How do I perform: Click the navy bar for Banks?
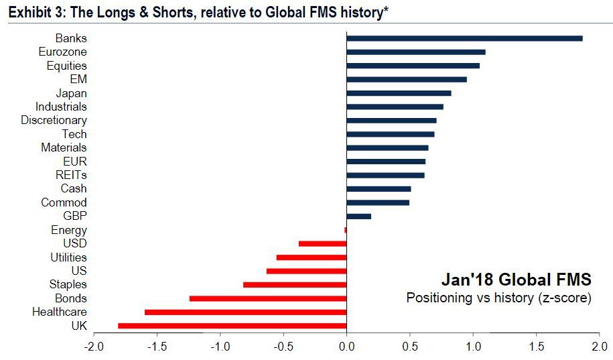(x=464, y=38)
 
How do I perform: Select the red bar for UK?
(x=232, y=326)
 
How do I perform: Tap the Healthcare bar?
(x=246, y=312)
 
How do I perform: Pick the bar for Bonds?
(x=268, y=298)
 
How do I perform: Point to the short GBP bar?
(x=359, y=216)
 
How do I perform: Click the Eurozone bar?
(x=416, y=52)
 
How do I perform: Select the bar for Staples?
(x=295, y=284)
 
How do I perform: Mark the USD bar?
(x=322, y=243)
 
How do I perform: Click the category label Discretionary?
(x=54, y=120)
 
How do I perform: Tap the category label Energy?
(x=69, y=230)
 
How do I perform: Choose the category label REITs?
(x=70, y=175)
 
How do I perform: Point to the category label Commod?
(x=64, y=202)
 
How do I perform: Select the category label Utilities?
(x=68, y=257)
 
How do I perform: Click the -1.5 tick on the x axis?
(x=157, y=347)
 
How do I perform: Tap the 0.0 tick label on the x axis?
(x=346, y=347)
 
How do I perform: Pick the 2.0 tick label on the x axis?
(x=600, y=347)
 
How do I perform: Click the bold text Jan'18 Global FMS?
(x=516, y=278)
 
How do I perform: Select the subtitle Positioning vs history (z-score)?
(x=498, y=297)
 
